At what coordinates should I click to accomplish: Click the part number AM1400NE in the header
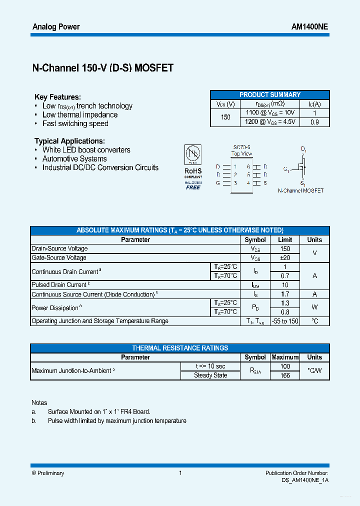(309, 26)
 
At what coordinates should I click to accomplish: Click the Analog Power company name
(56, 26)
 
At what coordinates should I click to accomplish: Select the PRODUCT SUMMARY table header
(269, 94)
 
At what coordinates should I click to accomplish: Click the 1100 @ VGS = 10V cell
(270, 113)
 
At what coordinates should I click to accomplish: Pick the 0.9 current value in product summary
(314, 122)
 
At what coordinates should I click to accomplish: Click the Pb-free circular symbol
(193, 153)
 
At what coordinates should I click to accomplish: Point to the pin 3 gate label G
(218, 183)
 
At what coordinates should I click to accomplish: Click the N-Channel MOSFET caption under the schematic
(300, 190)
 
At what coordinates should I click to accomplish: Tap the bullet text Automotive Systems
(74, 159)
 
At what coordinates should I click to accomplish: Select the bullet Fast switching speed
(75, 123)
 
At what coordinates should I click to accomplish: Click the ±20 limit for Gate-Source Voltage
(285, 257)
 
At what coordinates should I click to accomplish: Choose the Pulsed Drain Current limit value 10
(285, 285)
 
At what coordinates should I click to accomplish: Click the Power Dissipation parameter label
(55, 308)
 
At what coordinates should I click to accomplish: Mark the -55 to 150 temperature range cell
(285, 321)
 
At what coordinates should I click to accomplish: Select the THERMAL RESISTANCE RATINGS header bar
(180, 348)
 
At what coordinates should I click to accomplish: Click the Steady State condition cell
(210, 375)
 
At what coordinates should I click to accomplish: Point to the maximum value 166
(285, 375)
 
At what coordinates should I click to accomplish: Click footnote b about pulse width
(116, 421)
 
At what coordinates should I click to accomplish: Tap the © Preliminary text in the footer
(48, 473)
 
